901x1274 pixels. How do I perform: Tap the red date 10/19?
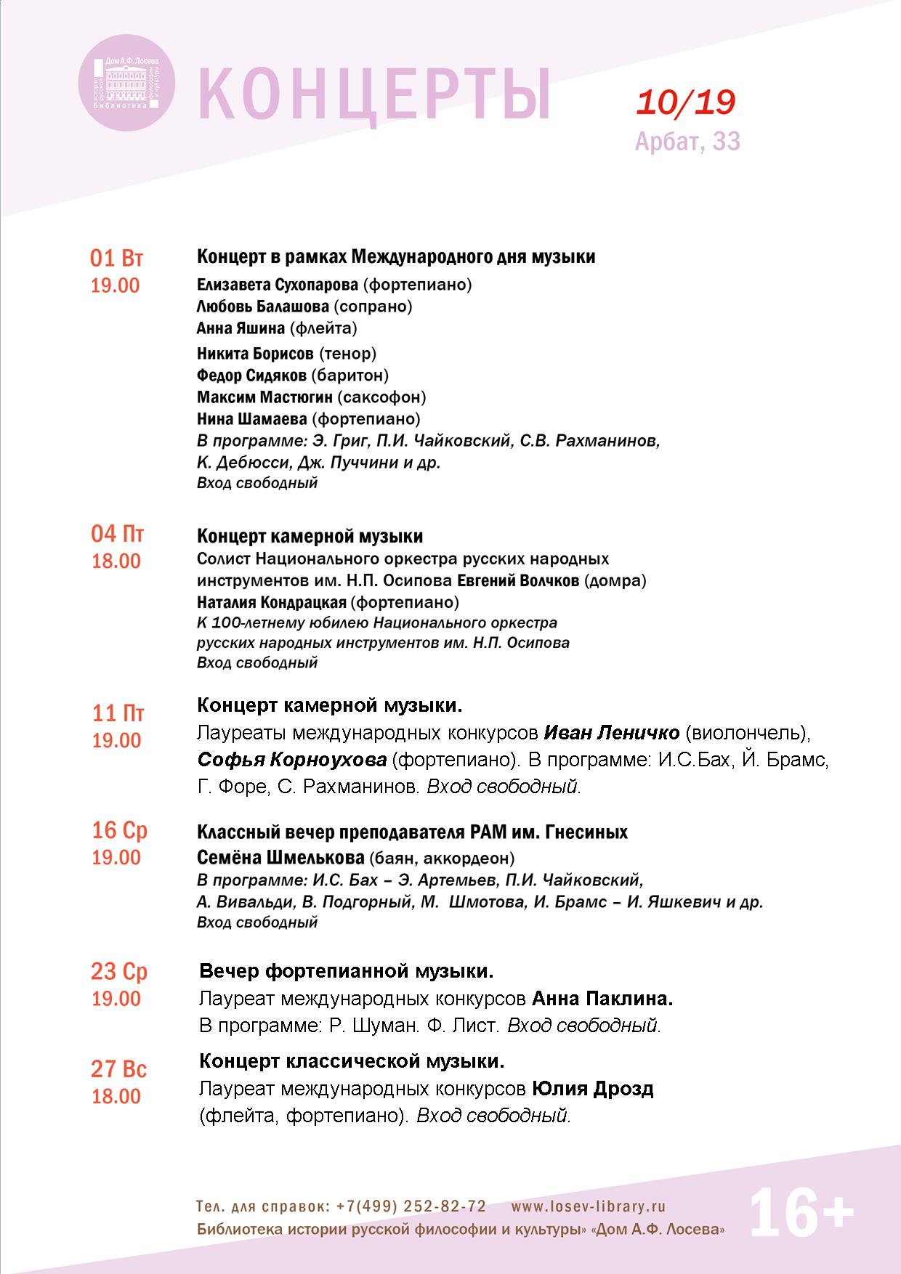click(686, 103)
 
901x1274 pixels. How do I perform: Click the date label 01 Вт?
click(116, 259)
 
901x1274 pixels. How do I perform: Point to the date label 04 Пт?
click(117, 535)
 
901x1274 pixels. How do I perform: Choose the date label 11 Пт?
click(118, 713)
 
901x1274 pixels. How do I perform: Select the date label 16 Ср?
click(119, 830)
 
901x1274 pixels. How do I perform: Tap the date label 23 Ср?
click(119, 971)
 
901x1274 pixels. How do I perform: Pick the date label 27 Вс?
click(119, 1069)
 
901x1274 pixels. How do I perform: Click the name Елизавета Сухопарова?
click(278, 284)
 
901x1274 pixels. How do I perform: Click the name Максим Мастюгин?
click(264, 397)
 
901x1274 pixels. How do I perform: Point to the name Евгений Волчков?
click(518, 580)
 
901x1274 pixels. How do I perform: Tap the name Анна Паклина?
click(602, 999)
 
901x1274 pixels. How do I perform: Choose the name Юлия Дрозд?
click(593, 1089)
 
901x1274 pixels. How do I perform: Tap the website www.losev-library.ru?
click(589, 1206)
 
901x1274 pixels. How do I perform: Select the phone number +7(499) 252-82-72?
click(412, 1206)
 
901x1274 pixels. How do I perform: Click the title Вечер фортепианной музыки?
click(347, 971)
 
